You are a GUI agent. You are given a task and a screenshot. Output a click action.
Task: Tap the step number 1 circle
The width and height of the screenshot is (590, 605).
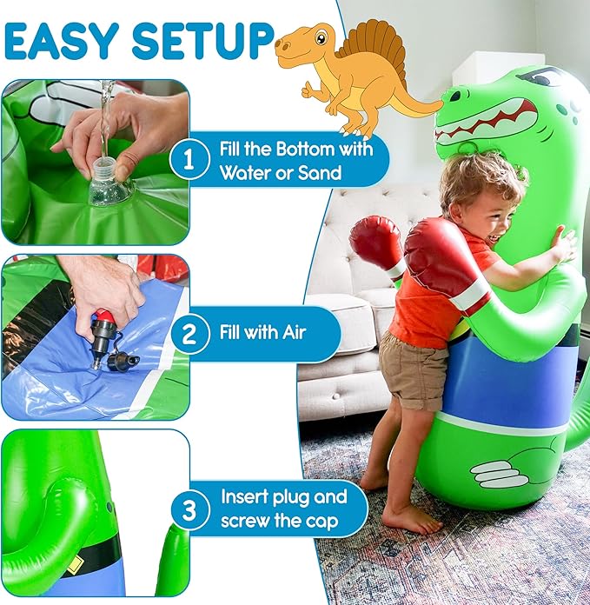pyautogui.click(x=189, y=159)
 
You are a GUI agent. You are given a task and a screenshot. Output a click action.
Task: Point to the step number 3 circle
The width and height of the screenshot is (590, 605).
pyautogui.click(x=189, y=509)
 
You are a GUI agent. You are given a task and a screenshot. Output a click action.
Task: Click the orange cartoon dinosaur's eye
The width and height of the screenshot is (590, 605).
pyautogui.click(x=320, y=37)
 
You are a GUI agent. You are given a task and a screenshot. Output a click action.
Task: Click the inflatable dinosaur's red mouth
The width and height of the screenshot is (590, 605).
pyautogui.click(x=483, y=117)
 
